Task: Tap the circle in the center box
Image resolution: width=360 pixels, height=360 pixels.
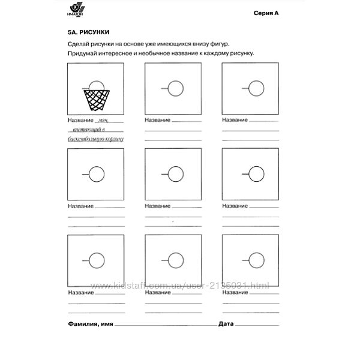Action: [x=175, y=175]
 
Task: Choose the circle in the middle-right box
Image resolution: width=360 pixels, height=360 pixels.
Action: [x=255, y=175]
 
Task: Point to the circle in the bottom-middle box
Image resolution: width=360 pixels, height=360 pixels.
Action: [x=175, y=260]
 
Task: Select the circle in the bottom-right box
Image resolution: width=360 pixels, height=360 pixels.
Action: [x=255, y=260]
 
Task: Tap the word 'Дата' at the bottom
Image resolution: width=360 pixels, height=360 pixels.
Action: [x=226, y=324]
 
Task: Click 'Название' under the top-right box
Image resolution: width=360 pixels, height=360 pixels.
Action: [x=235, y=121]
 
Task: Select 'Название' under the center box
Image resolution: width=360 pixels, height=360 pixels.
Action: [x=158, y=206]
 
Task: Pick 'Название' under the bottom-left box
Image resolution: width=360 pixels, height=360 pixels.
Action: [x=80, y=292]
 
